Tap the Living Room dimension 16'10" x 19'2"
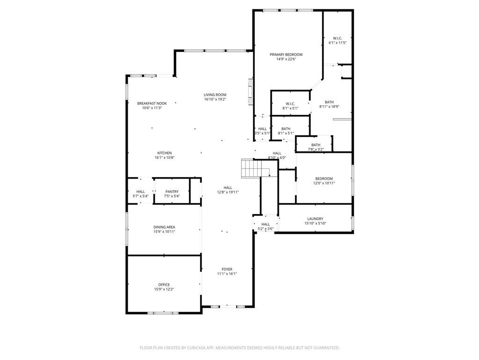coord(215,99)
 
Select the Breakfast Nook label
coord(152,103)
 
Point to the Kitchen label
coord(164,153)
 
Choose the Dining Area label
coord(164,227)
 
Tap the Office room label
coord(164,285)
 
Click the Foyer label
coord(227,269)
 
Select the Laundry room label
coord(315,218)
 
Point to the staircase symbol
coord(250,168)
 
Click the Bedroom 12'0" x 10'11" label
coord(324,178)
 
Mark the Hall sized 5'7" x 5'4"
coord(140,191)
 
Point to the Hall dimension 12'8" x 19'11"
coord(228,192)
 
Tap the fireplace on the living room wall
coord(250,94)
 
